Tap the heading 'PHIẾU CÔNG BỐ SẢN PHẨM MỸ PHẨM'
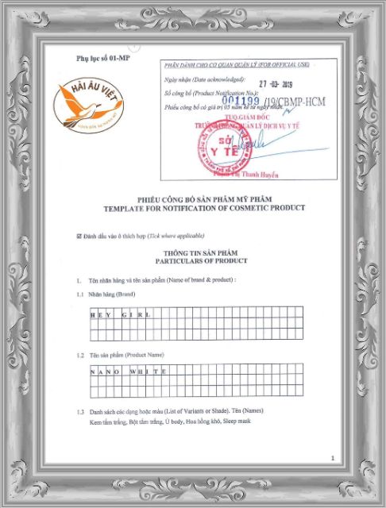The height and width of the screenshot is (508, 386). pyautogui.click(x=204, y=199)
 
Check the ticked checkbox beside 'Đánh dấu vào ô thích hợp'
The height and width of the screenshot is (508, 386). pyautogui.click(x=78, y=236)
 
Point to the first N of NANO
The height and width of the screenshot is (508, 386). pyautogui.click(x=93, y=371)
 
